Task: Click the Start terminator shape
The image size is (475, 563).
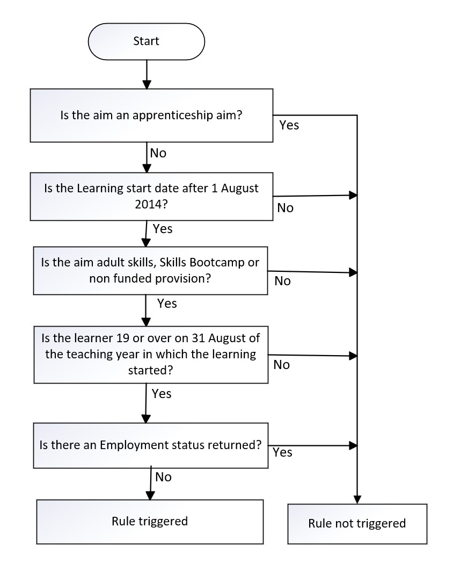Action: pos(147,41)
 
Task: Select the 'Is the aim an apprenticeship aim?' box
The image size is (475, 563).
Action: pos(151,116)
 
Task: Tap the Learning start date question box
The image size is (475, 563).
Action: pos(151,197)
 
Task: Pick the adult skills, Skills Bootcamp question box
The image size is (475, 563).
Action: pos(150,271)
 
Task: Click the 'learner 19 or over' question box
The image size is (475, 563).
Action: pos(151,355)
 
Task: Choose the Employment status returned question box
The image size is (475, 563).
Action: pos(151,445)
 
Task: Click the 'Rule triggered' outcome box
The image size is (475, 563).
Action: pos(150,522)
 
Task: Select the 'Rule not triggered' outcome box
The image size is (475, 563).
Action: pos(357,524)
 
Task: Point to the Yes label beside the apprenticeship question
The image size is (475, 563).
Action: pos(289,125)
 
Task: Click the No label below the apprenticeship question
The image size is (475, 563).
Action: pos(158,153)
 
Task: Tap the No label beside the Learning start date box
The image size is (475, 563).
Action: pos(285,208)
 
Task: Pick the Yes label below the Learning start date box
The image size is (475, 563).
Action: pos(163,229)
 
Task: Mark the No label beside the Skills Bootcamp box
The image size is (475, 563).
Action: pos(283,281)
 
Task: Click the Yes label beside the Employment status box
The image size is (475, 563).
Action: pos(282,452)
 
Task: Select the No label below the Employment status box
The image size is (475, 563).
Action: pos(163,477)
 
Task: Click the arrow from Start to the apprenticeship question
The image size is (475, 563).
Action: pos(147,74)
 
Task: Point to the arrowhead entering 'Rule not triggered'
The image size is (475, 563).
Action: pos(357,500)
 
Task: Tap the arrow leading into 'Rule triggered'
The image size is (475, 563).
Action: pos(151,483)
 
